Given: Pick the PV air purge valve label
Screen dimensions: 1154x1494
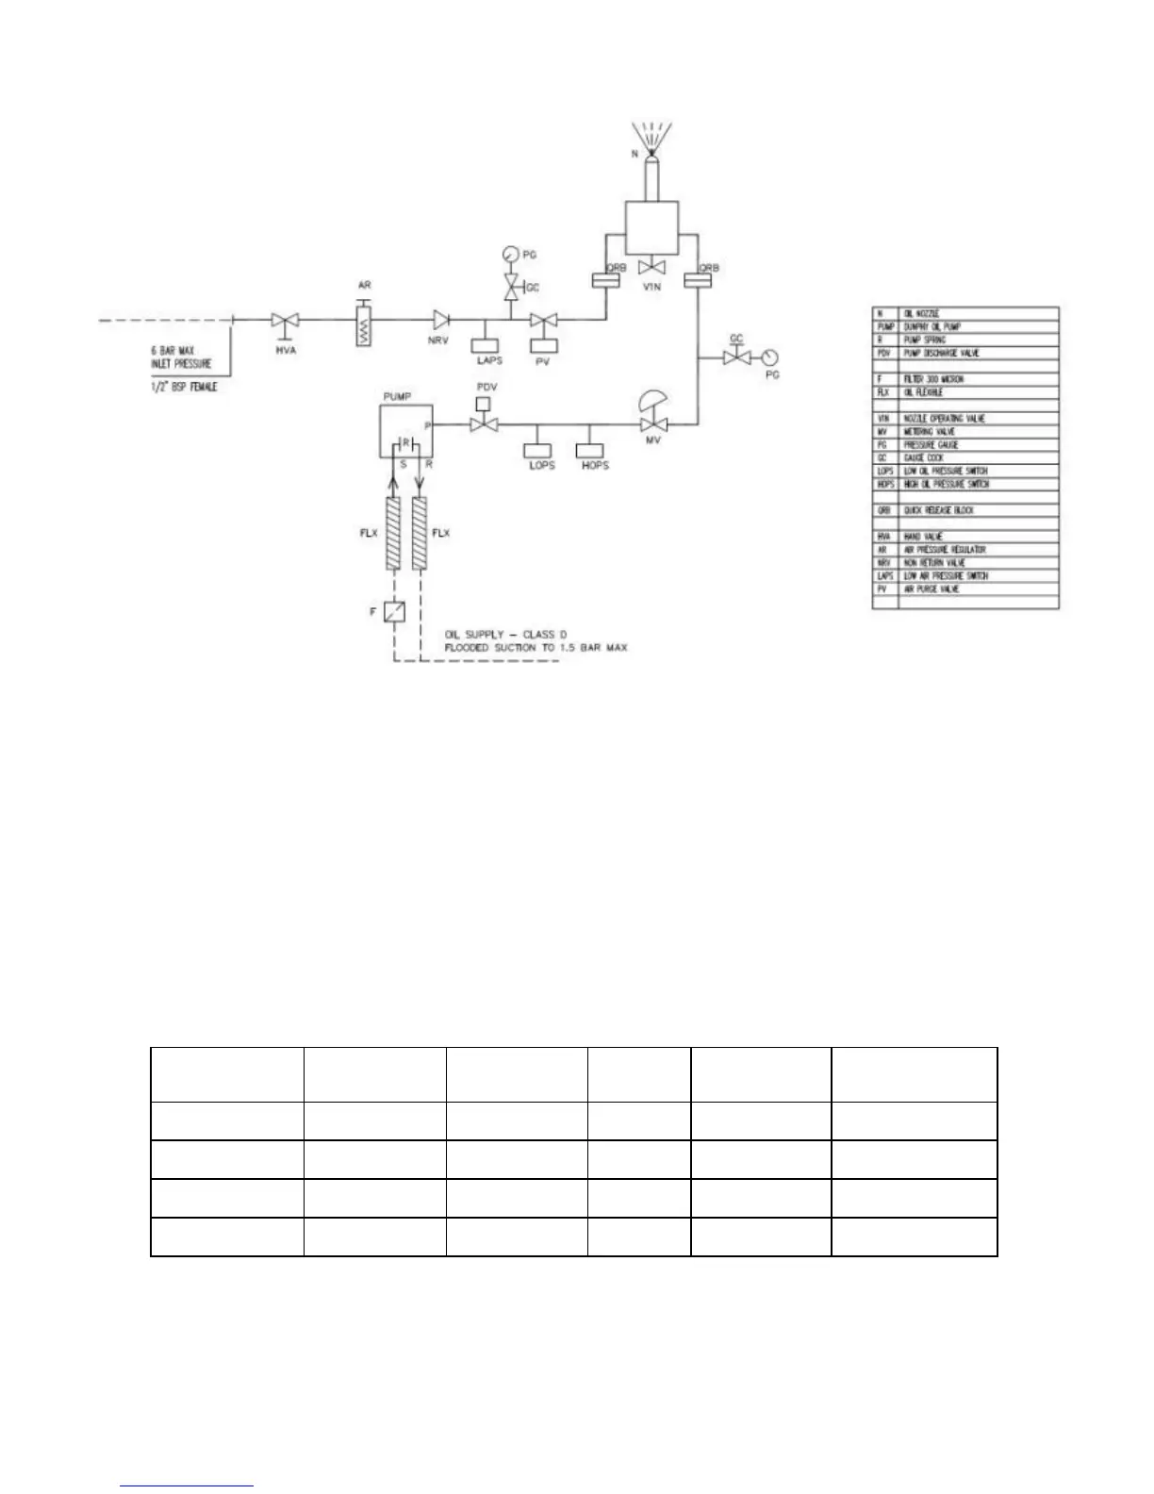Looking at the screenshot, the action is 542,360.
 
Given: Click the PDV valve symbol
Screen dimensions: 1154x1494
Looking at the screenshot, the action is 486,426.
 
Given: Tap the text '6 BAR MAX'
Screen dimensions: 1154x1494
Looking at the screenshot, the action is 173,350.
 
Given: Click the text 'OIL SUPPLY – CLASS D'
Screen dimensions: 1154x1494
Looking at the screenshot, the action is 508,634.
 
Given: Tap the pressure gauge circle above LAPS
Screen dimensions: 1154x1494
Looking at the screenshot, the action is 510,254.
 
